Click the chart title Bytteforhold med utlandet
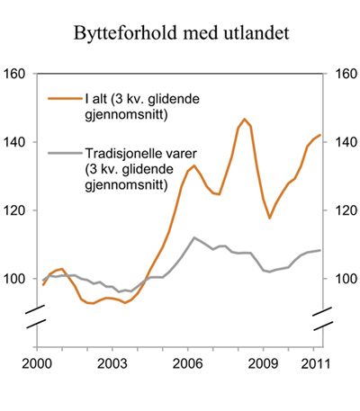click(x=180, y=35)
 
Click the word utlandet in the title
click(x=262, y=35)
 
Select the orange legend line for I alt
click(x=61, y=98)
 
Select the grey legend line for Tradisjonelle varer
click(x=61, y=154)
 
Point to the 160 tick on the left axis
click(x=17, y=74)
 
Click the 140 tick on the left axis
click(x=17, y=142)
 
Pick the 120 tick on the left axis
click(x=17, y=210)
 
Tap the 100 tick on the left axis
click(x=17, y=279)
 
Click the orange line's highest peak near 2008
click(x=244, y=119)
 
